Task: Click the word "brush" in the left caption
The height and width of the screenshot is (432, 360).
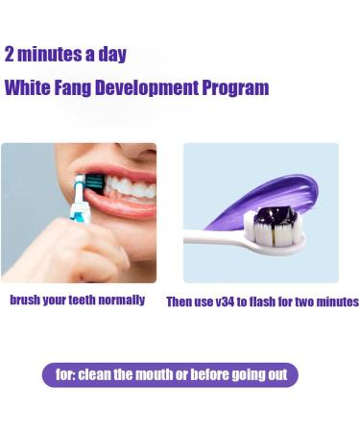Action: pyautogui.click(x=27, y=300)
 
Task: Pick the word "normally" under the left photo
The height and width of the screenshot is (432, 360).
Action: pyautogui.click(x=120, y=300)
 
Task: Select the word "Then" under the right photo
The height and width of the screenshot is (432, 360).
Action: pyautogui.click(x=181, y=301)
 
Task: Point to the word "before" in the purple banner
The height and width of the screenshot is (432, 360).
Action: pyautogui.click(x=209, y=374)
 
